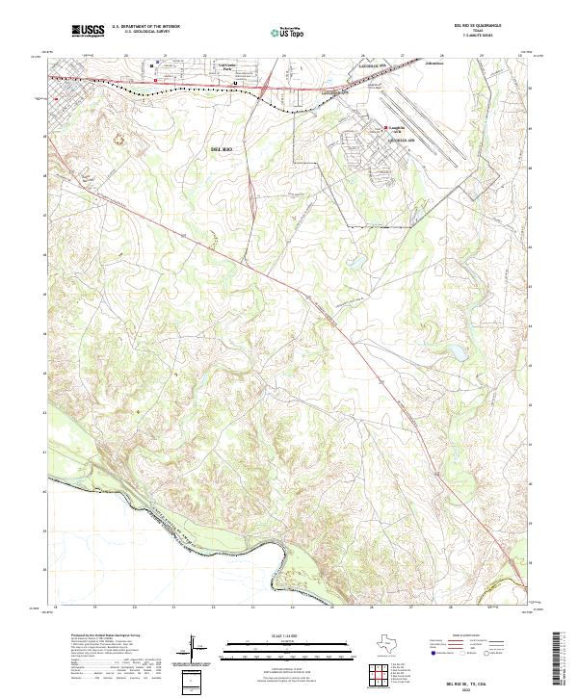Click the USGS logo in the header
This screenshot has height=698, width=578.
[x=88, y=31]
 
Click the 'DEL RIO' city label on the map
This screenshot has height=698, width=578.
[x=223, y=150]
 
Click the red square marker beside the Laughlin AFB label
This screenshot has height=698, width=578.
[x=387, y=126]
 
